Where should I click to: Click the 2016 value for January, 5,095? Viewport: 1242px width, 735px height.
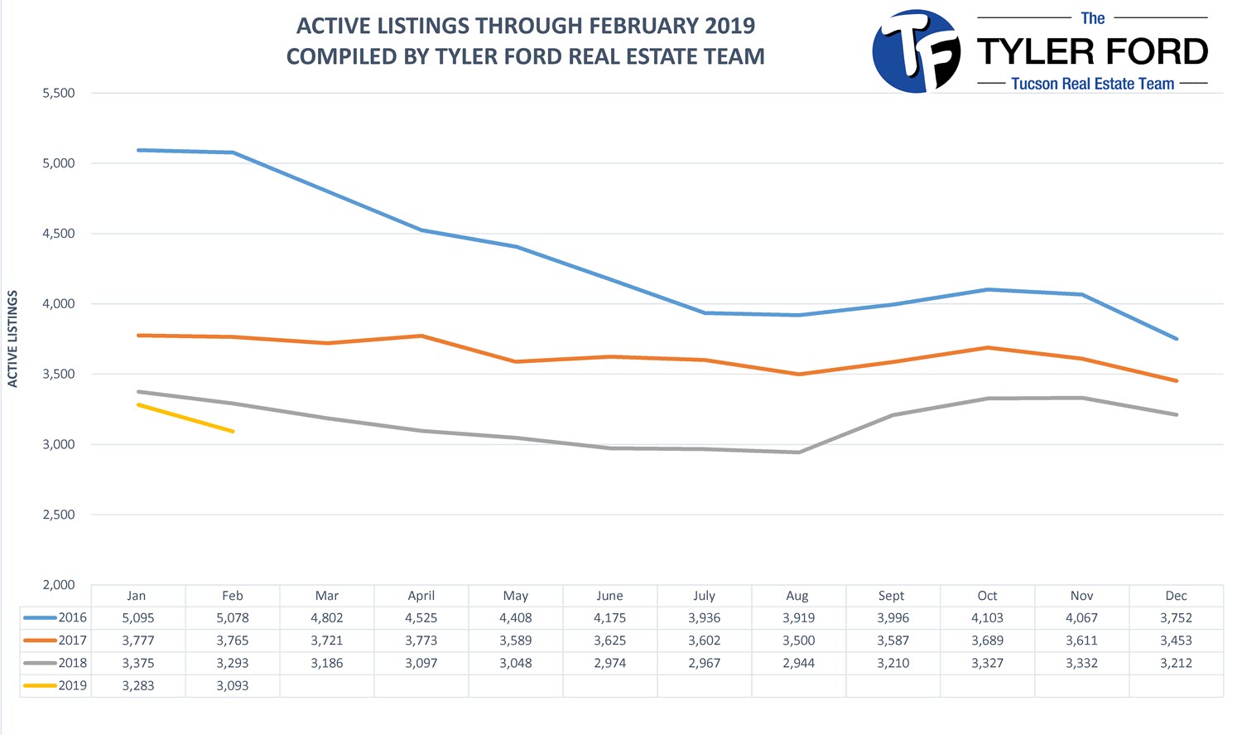click(x=138, y=617)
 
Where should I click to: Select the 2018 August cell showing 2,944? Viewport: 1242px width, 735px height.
click(x=798, y=663)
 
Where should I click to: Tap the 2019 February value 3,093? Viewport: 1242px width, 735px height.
click(x=233, y=685)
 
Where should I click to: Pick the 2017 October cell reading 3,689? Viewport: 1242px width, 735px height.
click(x=987, y=641)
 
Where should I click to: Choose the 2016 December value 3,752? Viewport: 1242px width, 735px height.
click(x=1176, y=617)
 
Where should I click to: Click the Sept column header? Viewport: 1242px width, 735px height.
click(x=891, y=596)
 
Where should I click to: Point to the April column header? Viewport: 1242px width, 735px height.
click(x=421, y=596)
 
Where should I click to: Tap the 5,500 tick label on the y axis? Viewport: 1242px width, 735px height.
click(x=59, y=93)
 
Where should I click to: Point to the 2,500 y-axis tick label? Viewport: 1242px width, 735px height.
click(x=59, y=515)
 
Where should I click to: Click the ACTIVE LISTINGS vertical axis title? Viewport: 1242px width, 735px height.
click(x=12, y=338)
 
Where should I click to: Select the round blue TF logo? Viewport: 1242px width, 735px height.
click(x=917, y=51)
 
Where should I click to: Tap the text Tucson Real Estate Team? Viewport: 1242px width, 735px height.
click(x=1092, y=84)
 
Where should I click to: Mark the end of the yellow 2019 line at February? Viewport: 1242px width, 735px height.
click(x=233, y=431)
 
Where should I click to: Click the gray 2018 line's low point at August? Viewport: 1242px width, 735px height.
click(x=798, y=452)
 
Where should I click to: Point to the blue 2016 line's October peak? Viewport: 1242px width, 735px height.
click(x=988, y=289)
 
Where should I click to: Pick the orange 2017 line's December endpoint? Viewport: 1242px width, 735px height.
click(x=1176, y=381)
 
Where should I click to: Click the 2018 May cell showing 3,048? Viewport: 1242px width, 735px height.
click(x=516, y=663)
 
